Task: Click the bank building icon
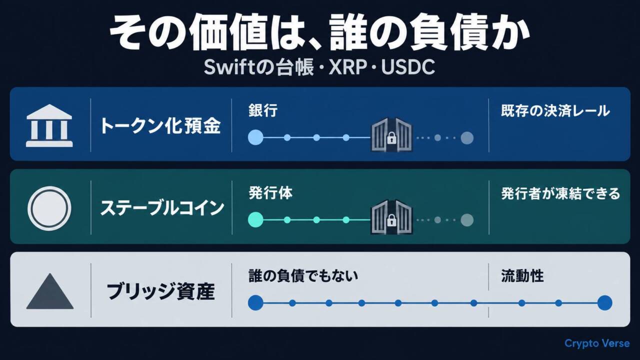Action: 49,125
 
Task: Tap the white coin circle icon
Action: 49,208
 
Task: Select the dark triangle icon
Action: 50,291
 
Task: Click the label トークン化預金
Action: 160,126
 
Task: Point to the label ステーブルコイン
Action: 162,208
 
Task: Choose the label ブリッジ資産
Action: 160,291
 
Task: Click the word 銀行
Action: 263,110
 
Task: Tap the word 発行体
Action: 270,193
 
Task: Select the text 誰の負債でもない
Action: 303,276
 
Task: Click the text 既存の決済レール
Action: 555,111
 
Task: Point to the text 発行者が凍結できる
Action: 560,193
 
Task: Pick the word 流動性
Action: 522,276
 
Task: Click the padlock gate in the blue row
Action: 391,134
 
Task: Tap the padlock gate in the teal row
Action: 391,217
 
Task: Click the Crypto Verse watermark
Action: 597,343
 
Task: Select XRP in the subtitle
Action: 347,67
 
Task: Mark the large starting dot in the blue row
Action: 255,137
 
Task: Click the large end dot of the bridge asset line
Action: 604,303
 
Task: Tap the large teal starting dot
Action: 255,219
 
